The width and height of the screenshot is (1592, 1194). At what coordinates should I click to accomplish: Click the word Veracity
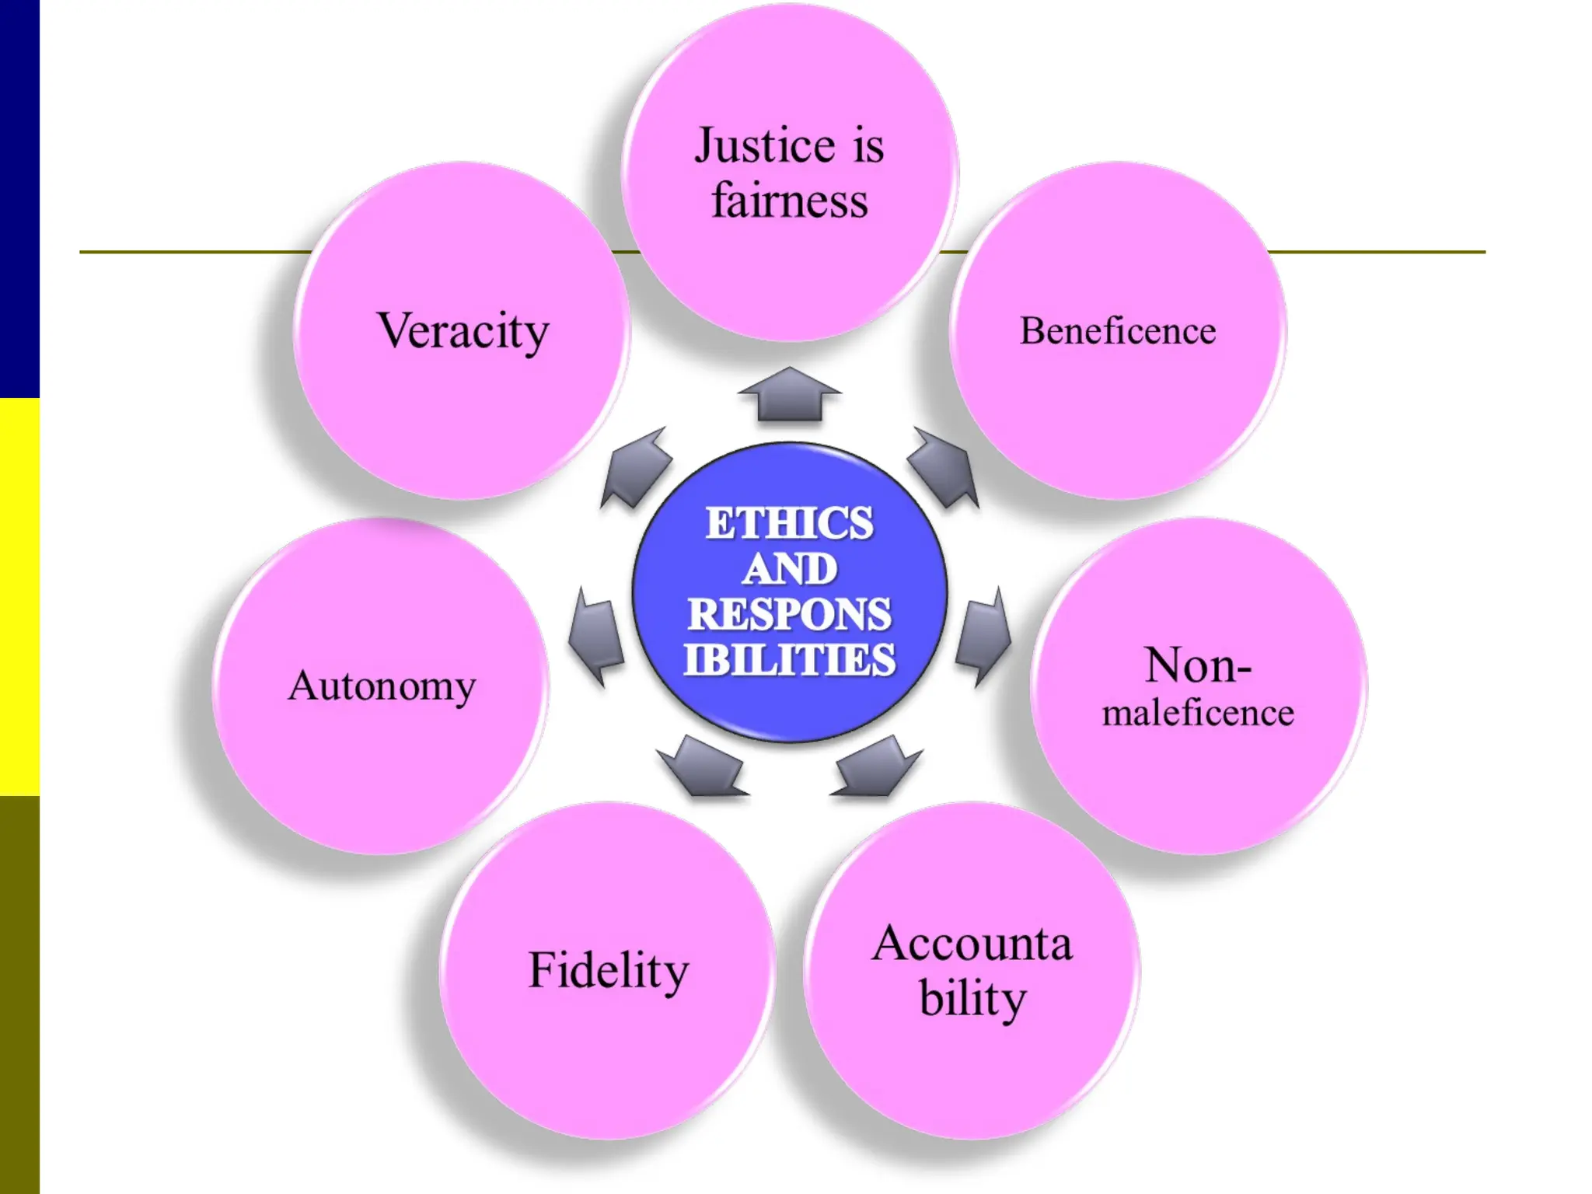[x=463, y=331]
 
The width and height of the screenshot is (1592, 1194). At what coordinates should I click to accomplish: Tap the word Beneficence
[x=1118, y=331]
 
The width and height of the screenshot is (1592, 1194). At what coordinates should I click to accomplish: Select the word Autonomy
[x=382, y=686]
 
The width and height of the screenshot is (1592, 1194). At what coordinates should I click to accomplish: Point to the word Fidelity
[x=609, y=970]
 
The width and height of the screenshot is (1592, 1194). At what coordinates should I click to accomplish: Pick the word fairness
[x=790, y=201]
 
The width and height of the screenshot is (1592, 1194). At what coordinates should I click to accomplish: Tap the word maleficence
[x=1198, y=713]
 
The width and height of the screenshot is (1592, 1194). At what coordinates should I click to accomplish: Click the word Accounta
[x=972, y=944]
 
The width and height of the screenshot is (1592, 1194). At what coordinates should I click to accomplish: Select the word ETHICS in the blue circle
[x=790, y=522]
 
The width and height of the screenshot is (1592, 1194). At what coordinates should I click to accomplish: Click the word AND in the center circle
[x=790, y=568]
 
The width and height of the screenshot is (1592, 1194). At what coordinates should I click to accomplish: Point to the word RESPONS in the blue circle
[x=790, y=614]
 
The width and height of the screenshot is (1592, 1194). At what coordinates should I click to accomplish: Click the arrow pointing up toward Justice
[x=790, y=395]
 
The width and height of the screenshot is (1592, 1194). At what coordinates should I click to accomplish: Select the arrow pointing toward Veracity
[x=636, y=468]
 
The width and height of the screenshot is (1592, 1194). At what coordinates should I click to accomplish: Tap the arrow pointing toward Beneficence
[x=944, y=468]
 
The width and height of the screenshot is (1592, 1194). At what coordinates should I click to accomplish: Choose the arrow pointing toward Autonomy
[x=597, y=636]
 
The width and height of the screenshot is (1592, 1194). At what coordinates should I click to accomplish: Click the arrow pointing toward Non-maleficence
[x=983, y=636]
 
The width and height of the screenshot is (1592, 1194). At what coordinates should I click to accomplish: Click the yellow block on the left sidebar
[x=19, y=597]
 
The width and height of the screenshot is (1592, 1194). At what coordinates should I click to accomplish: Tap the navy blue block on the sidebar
[x=19, y=198]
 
